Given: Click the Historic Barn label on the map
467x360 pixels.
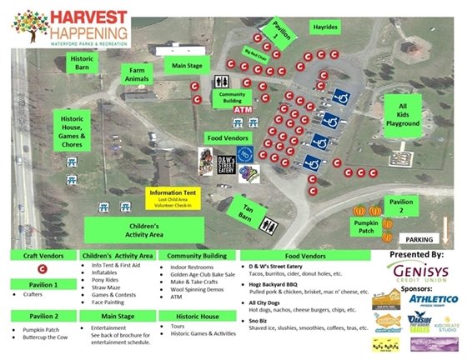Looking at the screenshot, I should tap(82, 64).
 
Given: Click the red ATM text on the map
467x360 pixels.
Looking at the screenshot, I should tap(243, 110).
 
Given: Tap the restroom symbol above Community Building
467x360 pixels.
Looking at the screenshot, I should tap(222, 82).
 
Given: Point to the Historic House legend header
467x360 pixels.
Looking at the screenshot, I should tap(196, 316).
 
